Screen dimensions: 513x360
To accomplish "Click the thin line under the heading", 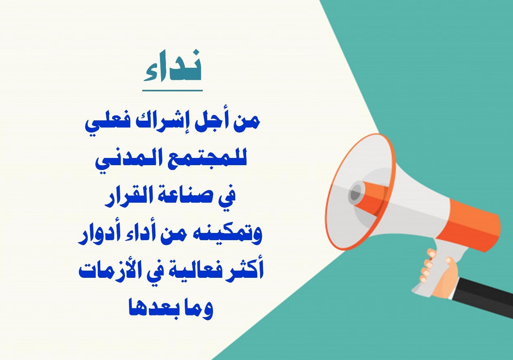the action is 172,91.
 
